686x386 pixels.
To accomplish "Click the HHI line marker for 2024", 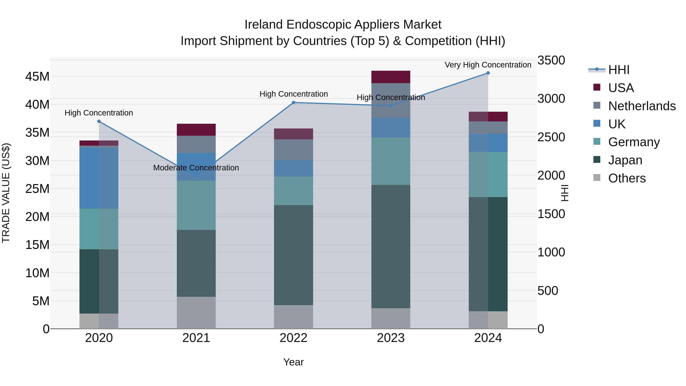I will coord(488,73).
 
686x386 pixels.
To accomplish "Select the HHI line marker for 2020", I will coord(99,121).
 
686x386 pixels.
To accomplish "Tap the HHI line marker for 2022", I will coord(293,103).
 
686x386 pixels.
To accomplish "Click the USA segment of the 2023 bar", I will coord(391,77).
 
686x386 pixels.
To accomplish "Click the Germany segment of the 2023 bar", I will coord(391,161).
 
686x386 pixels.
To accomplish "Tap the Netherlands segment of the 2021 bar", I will coord(196,144).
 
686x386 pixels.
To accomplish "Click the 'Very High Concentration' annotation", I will coord(488,65).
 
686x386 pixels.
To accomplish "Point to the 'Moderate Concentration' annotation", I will coord(196,168).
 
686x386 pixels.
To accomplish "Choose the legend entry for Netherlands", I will coord(642,106).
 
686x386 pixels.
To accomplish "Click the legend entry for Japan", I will coord(625,160).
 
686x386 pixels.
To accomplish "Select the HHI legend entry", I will coord(619,70).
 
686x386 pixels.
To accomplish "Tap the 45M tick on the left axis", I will coord(37,77).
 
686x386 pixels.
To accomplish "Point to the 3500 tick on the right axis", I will coord(551,60).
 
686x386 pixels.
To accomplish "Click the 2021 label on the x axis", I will coord(196,338).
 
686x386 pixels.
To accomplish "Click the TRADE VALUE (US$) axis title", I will coord(6,193).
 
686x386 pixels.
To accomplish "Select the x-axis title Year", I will coord(293,362).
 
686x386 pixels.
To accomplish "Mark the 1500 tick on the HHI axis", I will coord(551,214).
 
